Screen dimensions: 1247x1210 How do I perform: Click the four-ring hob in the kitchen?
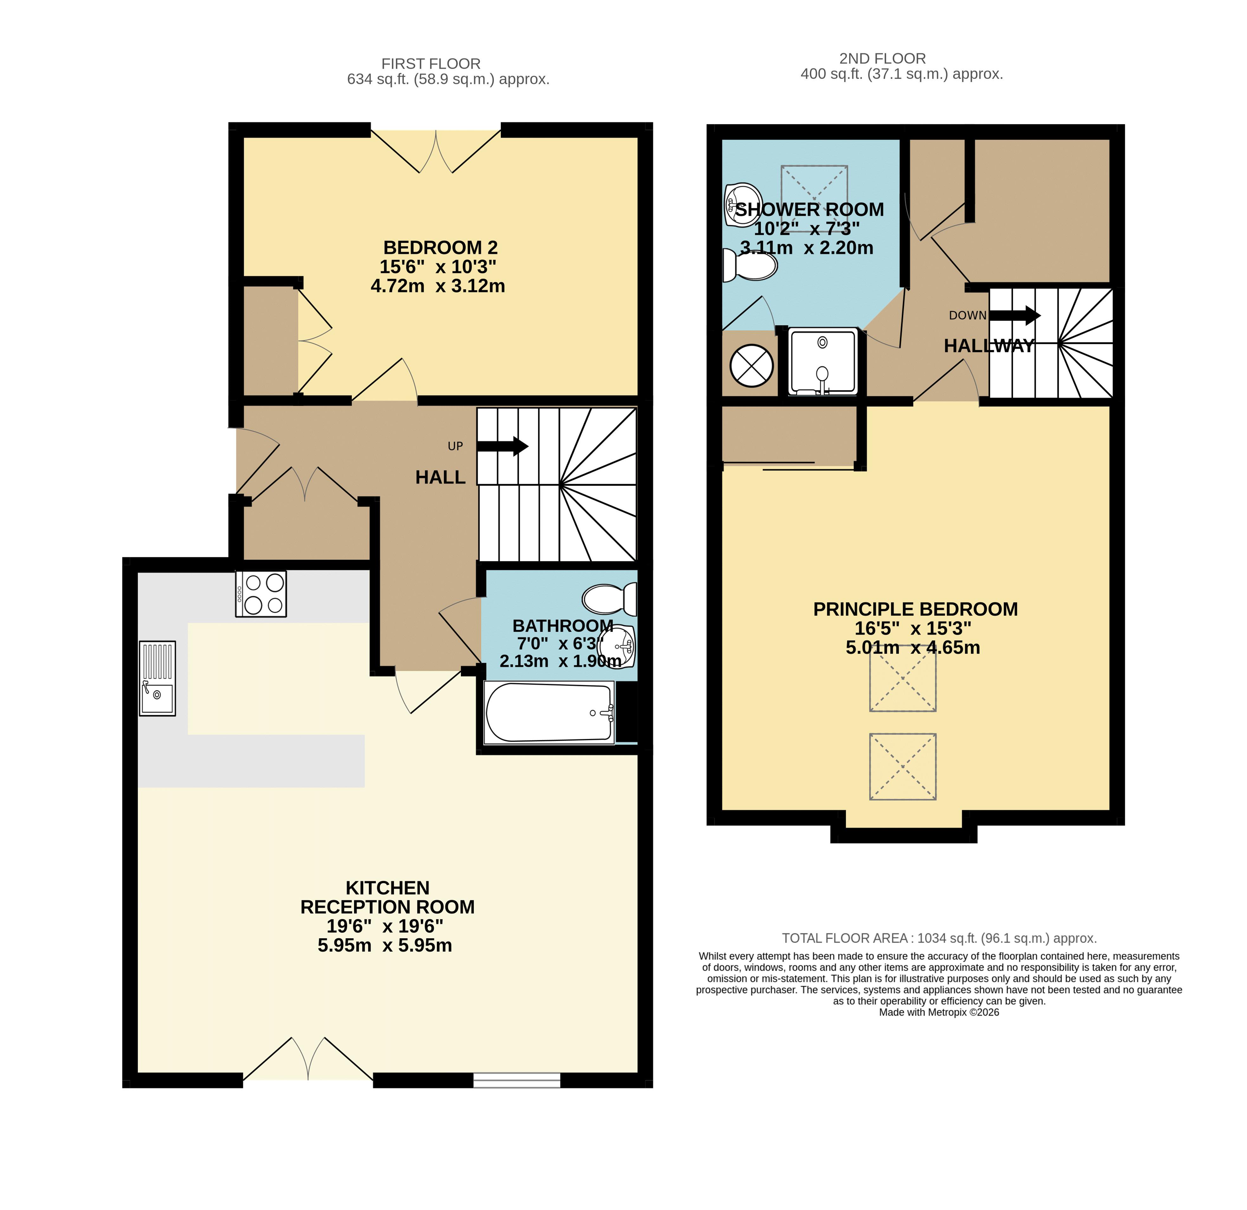pos(261,593)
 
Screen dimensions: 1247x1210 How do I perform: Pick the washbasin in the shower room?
pos(742,205)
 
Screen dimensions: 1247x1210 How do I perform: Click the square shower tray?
pos(823,361)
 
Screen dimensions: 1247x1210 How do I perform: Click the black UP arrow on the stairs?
pos(503,446)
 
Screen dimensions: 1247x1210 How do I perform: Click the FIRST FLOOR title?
pos(431,64)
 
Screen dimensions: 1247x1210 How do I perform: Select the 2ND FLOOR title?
pos(882,59)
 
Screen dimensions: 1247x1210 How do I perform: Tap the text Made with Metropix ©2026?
pos(939,1012)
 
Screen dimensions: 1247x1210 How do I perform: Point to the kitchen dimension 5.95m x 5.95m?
pos(385,945)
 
